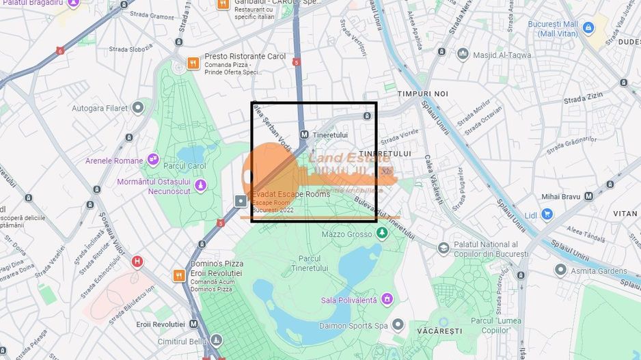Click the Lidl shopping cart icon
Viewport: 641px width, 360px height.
(547, 214)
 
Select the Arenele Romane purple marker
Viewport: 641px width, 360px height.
(152, 161)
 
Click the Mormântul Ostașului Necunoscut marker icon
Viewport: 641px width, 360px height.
(200, 184)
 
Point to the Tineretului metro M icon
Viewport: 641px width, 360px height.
(303, 135)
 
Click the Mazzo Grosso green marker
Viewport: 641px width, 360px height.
(382, 234)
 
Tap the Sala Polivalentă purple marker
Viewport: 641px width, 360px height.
(387, 299)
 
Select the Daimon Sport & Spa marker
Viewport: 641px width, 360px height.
(398, 325)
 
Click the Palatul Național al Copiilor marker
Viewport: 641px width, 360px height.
(444, 249)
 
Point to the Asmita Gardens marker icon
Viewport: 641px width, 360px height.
(560, 270)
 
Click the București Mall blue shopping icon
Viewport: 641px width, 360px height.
(588, 28)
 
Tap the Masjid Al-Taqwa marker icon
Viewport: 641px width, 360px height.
(463, 53)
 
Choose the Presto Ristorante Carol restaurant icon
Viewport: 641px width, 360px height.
(194, 64)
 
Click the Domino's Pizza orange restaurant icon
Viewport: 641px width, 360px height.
(178, 276)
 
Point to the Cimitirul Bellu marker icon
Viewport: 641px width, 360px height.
(216, 340)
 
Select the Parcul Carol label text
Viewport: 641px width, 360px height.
(185, 166)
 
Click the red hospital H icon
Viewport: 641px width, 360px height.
(137, 261)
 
